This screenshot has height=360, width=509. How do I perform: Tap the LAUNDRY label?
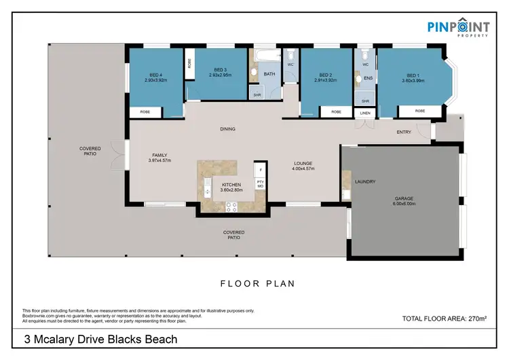(x=364, y=181)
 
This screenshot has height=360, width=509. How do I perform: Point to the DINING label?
(x=227, y=128)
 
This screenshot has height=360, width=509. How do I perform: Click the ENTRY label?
(x=404, y=132)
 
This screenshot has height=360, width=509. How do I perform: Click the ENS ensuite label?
(x=369, y=79)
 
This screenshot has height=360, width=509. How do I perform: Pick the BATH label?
(x=269, y=74)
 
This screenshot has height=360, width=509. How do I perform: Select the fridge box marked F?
(x=259, y=167)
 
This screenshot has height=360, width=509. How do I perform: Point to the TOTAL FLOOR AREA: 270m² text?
(x=445, y=318)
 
